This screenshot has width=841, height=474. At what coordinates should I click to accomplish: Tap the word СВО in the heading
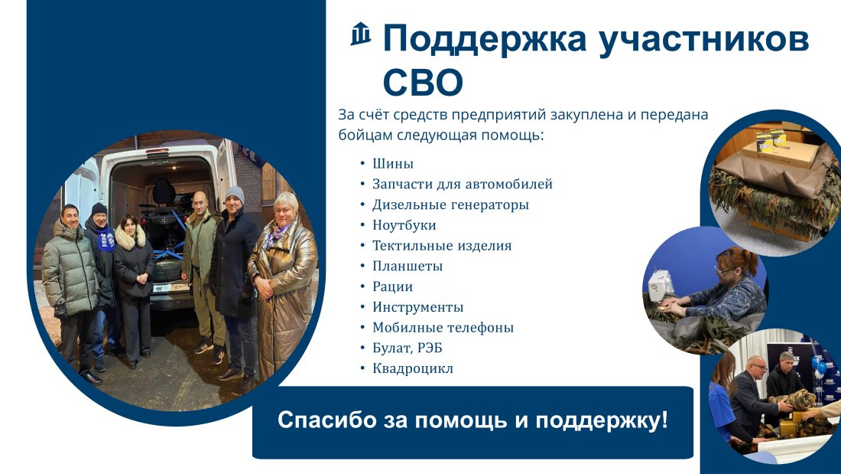pyautogui.click(x=423, y=82)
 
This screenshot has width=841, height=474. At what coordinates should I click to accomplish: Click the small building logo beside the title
pyautogui.click(x=361, y=34)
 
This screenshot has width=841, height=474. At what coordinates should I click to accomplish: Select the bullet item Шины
pyautogui.click(x=393, y=163)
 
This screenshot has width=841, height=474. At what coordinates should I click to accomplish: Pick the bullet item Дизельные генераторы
pyautogui.click(x=450, y=204)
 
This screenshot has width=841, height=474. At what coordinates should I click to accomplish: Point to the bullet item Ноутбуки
pyautogui.click(x=404, y=225)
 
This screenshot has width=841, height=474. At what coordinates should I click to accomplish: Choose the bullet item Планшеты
pyautogui.click(x=407, y=266)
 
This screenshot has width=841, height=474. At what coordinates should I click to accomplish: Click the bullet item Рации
pyautogui.click(x=393, y=286)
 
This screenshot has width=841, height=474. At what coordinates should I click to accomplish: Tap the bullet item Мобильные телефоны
pyautogui.click(x=443, y=327)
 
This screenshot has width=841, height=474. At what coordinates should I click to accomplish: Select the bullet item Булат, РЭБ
pyautogui.click(x=407, y=348)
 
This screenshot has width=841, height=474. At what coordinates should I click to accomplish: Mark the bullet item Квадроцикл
pyautogui.click(x=412, y=368)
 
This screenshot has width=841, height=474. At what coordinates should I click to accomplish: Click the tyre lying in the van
pyautogui.click(x=167, y=270)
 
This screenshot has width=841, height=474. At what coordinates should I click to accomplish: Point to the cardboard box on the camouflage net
pyautogui.click(x=781, y=152)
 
